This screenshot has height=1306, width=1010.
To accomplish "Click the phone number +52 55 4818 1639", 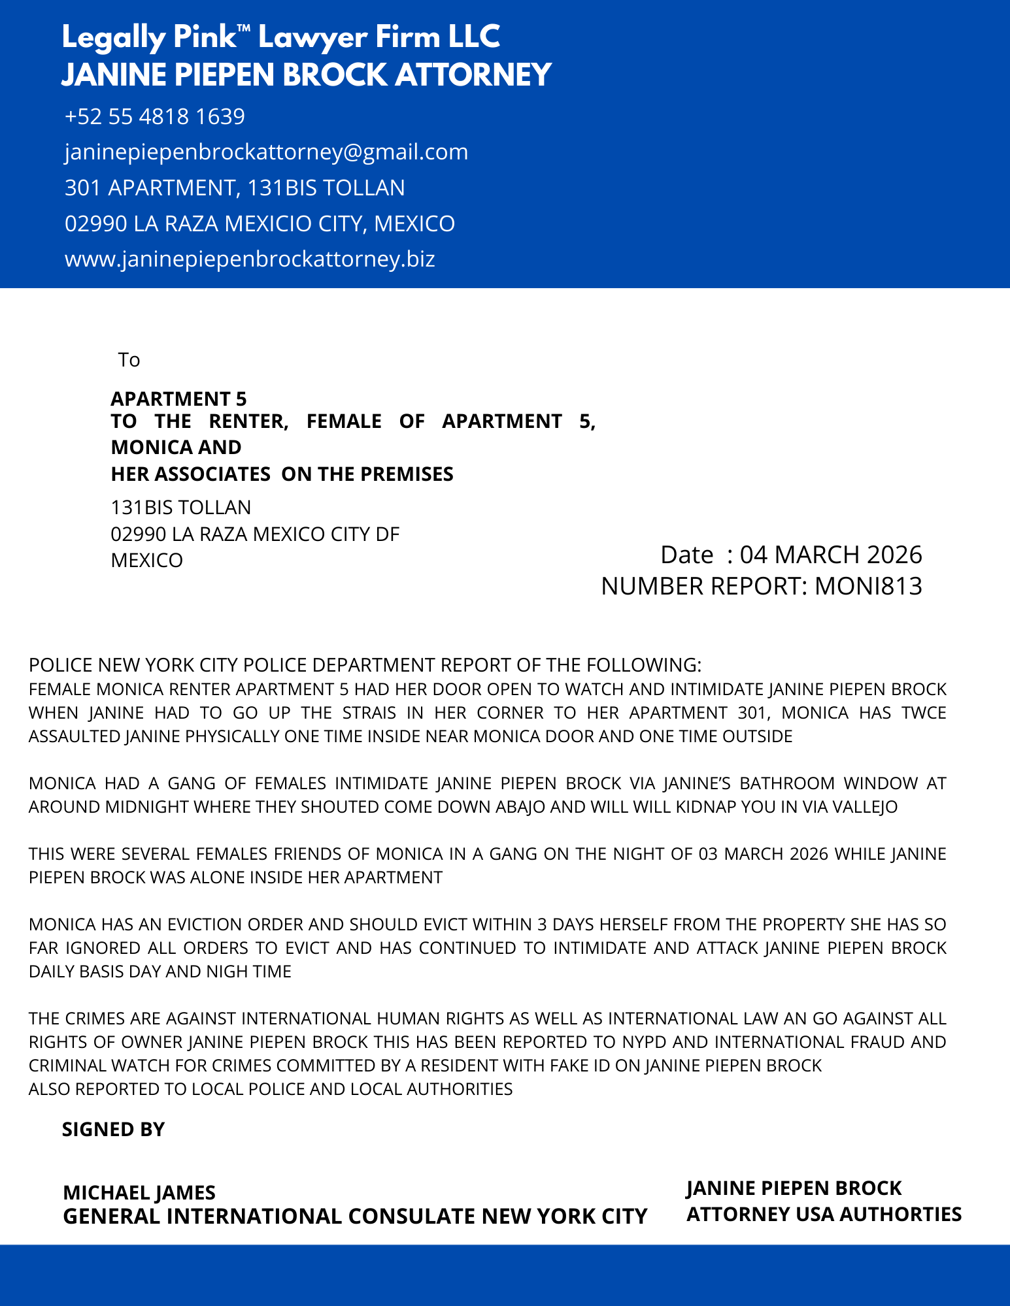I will tap(155, 117).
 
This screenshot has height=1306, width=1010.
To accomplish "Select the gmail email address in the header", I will tap(266, 152).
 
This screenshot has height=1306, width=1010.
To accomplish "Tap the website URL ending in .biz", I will tap(250, 259).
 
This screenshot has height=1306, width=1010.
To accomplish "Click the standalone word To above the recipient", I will tap(129, 360).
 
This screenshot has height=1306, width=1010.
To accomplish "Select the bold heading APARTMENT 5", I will tap(178, 399).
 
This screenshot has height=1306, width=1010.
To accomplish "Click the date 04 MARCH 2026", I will tap(830, 555).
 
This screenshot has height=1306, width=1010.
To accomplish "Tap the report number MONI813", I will tap(868, 587).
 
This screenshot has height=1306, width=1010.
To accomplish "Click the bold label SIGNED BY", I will tap(113, 1130).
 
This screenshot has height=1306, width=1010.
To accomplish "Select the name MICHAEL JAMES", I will tap(139, 1193).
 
